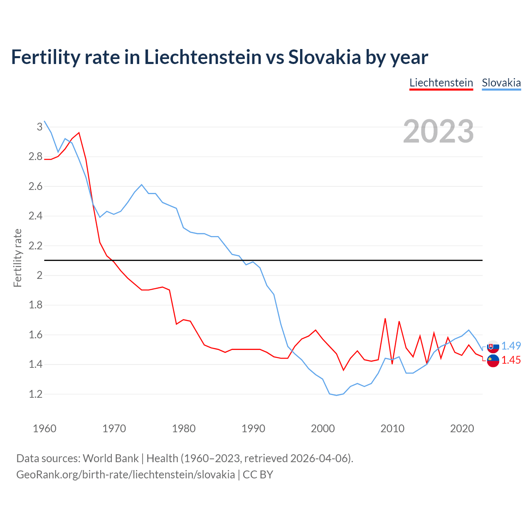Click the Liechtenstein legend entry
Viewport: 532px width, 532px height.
tap(441, 83)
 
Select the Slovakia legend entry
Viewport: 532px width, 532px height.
tap(501, 83)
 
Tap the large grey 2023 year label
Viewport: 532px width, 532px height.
tap(438, 131)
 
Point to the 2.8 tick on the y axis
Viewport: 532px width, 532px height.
tap(36, 157)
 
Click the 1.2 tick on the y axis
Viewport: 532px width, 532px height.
tap(36, 394)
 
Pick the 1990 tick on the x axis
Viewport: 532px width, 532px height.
tap(253, 429)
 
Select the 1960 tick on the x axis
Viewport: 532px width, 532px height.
tap(44, 429)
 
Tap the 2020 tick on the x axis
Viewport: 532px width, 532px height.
tap(462, 429)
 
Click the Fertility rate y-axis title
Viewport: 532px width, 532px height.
tap(17, 258)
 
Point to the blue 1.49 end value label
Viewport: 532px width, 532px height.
tap(511, 346)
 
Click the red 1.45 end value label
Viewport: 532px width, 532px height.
tap(511, 360)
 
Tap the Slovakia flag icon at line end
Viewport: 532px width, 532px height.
tap(493, 346)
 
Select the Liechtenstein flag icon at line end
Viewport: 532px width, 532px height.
tap(493, 361)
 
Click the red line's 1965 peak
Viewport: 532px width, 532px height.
tap(79, 133)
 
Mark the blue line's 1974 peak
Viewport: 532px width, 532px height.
tap(142, 185)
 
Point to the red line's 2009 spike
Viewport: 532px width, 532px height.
tap(385, 318)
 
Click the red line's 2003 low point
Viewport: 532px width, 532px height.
tap(343, 370)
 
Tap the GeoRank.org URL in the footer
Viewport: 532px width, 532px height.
tap(126, 474)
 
